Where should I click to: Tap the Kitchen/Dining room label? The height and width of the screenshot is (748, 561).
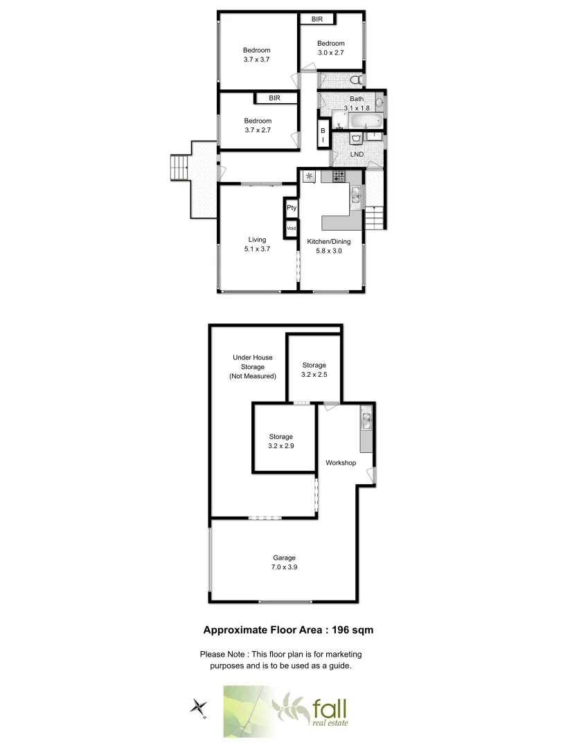328,242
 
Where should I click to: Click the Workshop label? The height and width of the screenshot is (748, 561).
341,463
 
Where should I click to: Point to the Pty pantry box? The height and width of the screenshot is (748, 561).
292,207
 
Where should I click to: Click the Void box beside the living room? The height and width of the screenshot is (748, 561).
292,228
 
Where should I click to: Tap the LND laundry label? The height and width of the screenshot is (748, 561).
357,154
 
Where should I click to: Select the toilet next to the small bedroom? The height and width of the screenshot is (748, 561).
355,78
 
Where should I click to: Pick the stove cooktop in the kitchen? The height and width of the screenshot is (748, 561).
339,177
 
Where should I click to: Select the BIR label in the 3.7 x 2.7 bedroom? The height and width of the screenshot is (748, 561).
275,99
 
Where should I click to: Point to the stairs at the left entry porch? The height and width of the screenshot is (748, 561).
179,167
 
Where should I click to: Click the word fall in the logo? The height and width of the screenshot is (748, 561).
330,709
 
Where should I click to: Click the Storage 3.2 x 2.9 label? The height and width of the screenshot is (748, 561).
280,442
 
